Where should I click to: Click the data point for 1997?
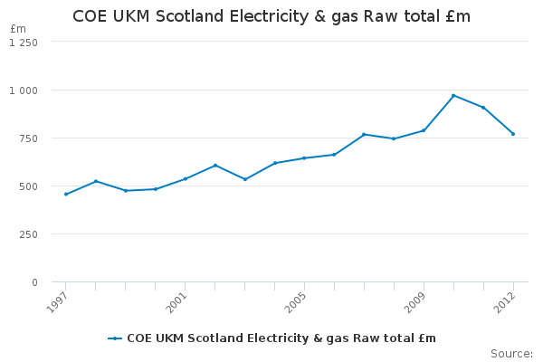tap(65, 195)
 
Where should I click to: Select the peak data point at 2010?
tap(453, 95)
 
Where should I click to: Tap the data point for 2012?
tap(513, 134)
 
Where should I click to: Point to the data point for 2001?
tap(185, 179)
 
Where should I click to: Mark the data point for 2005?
tap(304, 158)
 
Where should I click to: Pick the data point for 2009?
tap(424, 130)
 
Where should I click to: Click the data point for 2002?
tap(214, 166)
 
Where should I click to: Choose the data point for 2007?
tap(364, 135)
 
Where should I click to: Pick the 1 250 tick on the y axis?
tap(24, 43)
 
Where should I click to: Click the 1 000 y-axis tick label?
tap(24, 90)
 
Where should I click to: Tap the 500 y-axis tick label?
tap(29, 186)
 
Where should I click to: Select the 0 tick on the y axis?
tap(34, 282)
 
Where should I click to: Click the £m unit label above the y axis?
tap(18, 29)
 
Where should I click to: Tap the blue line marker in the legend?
tap(115, 338)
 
